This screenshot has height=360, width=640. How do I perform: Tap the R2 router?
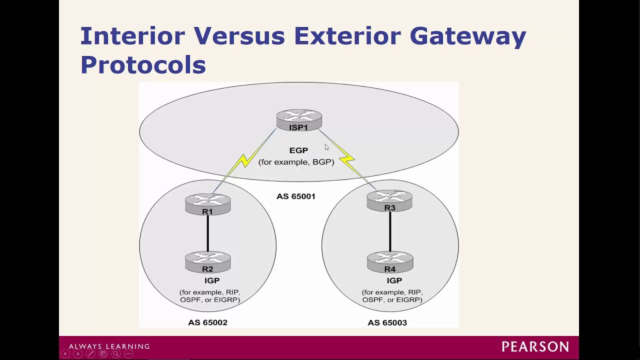click(x=207, y=262)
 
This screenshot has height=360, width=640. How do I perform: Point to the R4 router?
click(x=390, y=262)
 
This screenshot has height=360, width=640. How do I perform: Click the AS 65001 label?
click(x=296, y=196)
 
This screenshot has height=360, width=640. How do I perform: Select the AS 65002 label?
click(x=207, y=322)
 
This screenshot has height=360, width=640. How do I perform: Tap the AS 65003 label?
click(x=387, y=322)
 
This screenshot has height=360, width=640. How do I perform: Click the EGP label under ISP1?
click(x=298, y=150)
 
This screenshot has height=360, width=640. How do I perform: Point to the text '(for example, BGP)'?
click(x=296, y=162)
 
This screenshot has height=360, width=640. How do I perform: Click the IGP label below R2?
click(x=212, y=280)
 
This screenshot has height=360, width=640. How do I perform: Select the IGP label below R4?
click(x=394, y=280)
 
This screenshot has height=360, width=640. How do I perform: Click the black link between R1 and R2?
click(x=207, y=234)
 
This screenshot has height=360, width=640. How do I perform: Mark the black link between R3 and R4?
click(x=390, y=232)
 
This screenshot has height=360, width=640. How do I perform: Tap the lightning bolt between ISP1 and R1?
click(x=244, y=160)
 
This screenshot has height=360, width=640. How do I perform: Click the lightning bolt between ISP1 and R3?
click(x=347, y=159)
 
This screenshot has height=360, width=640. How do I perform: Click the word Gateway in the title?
click(x=467, y=36)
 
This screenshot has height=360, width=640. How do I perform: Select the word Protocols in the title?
click(x=143, y=64)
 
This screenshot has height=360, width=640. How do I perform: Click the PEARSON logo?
click(x=535, y=346)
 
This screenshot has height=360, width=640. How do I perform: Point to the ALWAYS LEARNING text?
click(x=109, y=346)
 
